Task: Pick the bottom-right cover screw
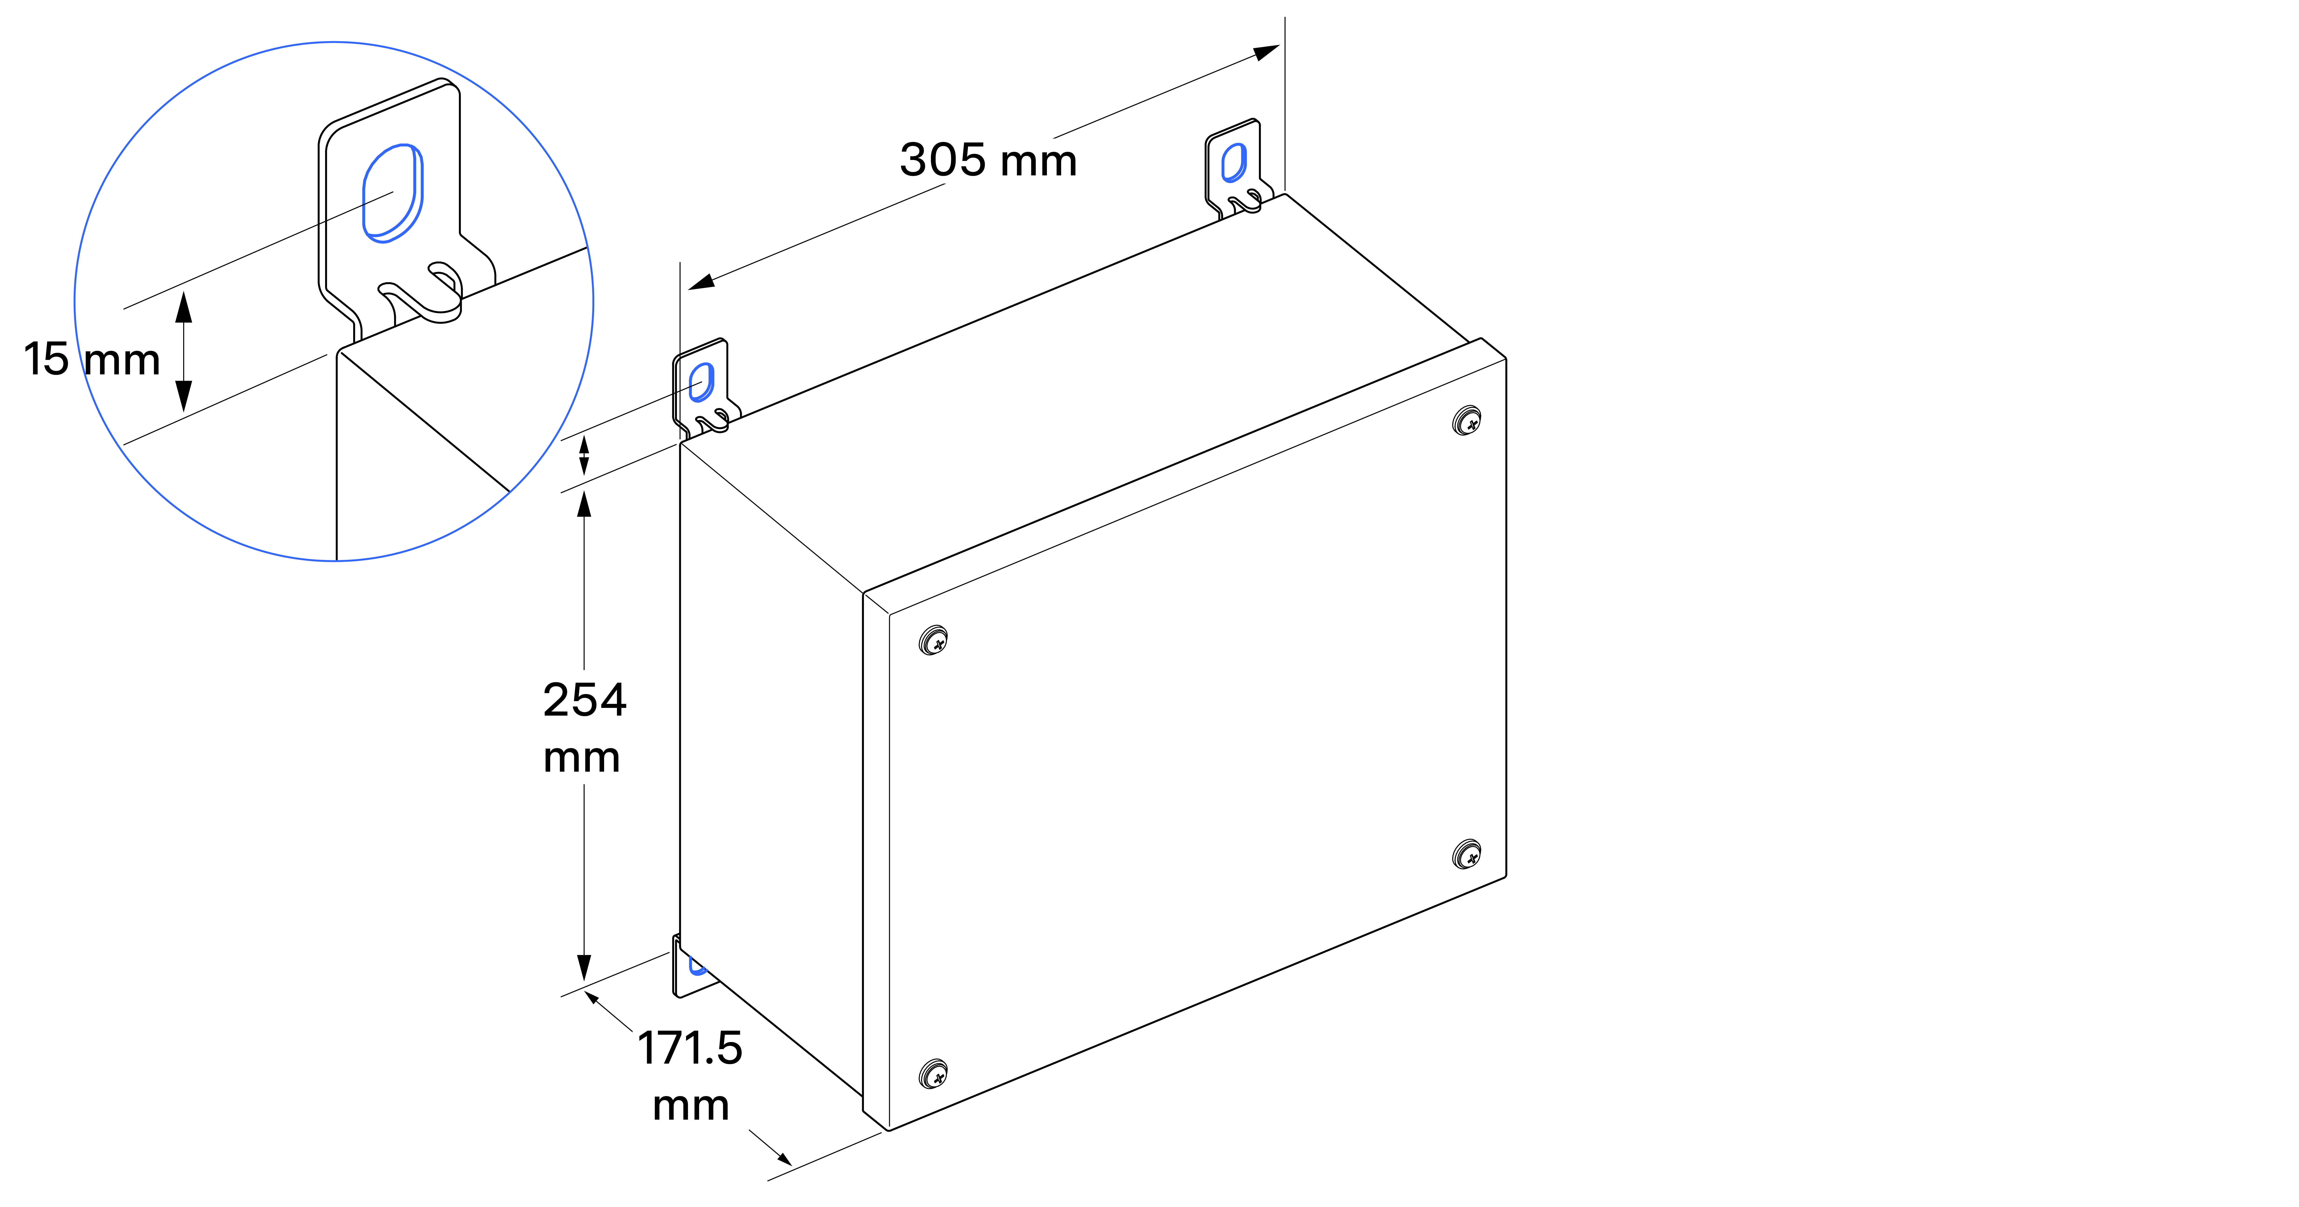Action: coord(1466,854)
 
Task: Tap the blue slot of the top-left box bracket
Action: coord(701,382)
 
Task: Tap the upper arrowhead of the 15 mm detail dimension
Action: coord(184,306)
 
